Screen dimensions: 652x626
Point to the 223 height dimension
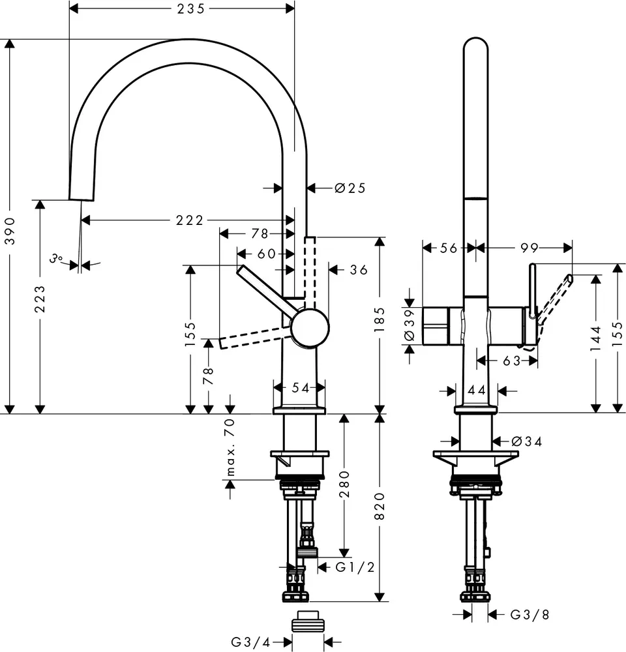[x=40, y=298]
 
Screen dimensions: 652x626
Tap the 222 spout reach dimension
[x=189, y=220]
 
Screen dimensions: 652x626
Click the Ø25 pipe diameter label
[x=350, y=188]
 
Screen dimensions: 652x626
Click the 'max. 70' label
[x=230, y=447]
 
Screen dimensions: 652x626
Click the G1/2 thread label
[x=355, y=567]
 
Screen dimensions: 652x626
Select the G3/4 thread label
[x=250, y=642]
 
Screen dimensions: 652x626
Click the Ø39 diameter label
[x=410, y=325]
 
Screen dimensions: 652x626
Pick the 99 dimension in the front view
[x=529, y=247]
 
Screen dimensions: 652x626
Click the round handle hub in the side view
[x=310, y=327]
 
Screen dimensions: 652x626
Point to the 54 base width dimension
[x=299, y=388]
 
